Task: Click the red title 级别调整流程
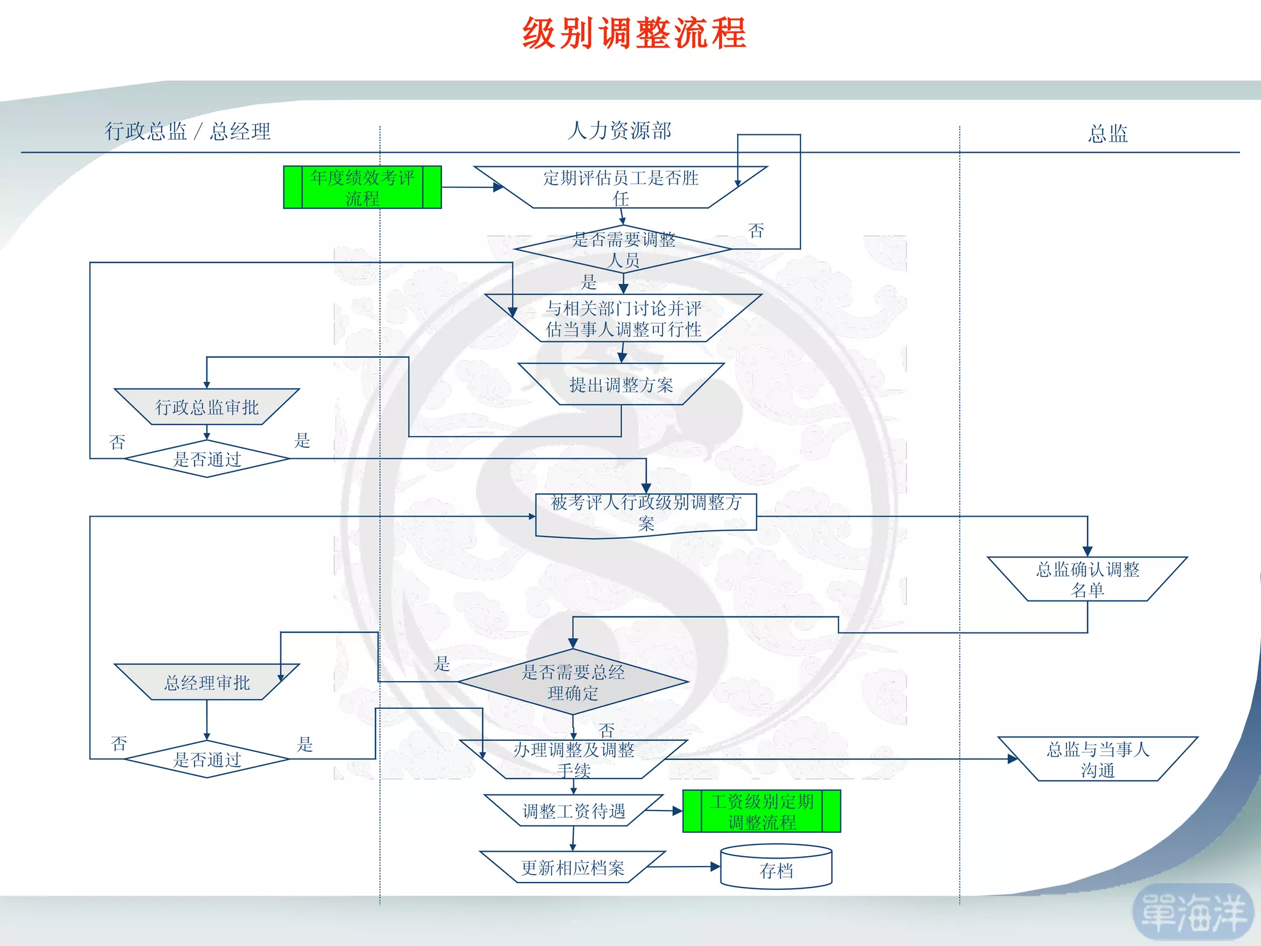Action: (634, 33)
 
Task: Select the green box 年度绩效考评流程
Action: (362, 187)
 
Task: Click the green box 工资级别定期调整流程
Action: (762, 811)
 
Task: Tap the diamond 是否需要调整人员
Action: (623, 249)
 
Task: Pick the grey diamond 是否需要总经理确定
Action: (573, 682)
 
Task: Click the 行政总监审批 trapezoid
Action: (207, 406)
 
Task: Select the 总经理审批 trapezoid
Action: (207, 682)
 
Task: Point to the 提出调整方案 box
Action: (621, 384)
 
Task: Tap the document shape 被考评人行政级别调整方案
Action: (646, 514)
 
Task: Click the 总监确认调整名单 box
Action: (1087, 579)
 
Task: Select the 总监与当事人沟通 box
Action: (1097, 759)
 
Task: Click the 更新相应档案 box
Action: (573, 867)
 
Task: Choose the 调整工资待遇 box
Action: (573, 811)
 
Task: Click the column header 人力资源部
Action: (619, 131)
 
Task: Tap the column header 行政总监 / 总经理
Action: (188, 131)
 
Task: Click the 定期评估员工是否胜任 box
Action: (621, 187)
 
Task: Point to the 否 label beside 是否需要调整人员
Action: (756, 231)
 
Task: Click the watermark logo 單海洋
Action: (1193, 913)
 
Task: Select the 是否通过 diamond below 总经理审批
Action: (207, 759)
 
